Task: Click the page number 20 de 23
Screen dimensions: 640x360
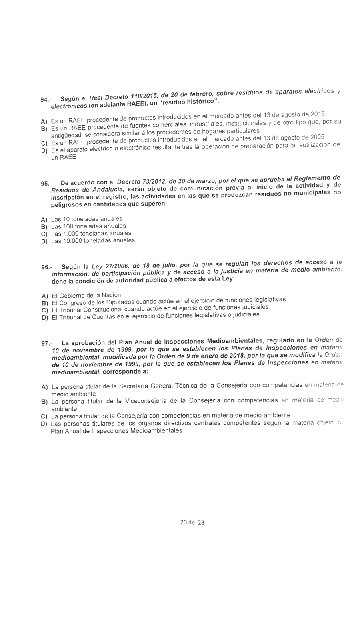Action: (x=192, y=522)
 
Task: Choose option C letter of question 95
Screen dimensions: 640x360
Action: (x=44, y=234)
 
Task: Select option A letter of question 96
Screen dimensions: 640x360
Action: (x=45, y=296)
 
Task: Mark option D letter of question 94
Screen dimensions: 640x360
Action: (x=44, y=151)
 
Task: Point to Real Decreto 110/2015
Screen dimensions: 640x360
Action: (x=123, y=97)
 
